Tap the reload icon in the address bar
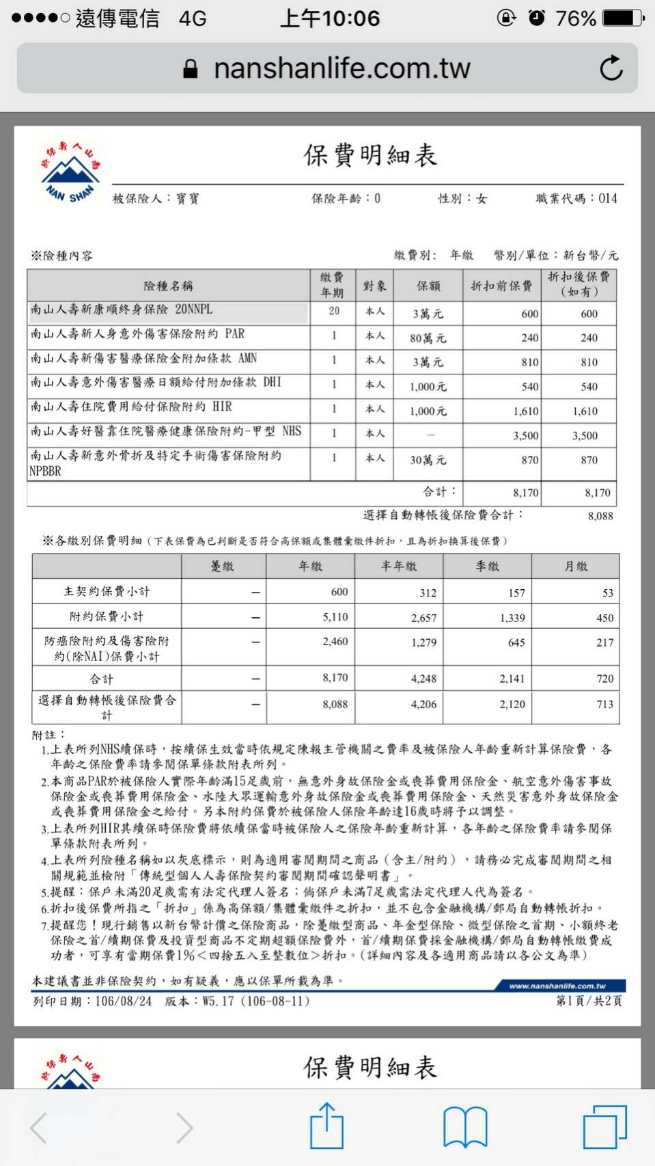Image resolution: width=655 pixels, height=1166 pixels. coord(611,68)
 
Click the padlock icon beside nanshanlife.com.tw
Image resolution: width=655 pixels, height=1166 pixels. coord(191,68)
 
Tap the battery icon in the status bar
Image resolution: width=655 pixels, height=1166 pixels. coord(623,18)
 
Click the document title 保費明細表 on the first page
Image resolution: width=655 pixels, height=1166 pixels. coord(370,156)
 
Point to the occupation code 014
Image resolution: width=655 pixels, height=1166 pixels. coord(607,198)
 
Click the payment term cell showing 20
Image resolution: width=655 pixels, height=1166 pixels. coord(334,311)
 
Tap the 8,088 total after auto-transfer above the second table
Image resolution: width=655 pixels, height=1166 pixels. coord(600,516)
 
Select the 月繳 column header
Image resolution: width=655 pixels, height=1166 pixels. coord(576,566)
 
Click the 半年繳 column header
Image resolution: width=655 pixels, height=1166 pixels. coord(399,566)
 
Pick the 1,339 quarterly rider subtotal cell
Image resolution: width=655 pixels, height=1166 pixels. coord(512,618)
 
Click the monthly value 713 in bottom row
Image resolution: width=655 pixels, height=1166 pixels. coord(604,704)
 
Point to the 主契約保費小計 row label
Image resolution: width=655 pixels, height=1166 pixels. coord(107,591)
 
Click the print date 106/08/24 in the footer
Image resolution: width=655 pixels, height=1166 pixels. coord(123,1001)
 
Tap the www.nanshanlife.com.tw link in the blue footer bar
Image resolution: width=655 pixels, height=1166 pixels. coord(557,986)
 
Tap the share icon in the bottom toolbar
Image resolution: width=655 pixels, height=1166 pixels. coord(326,1126)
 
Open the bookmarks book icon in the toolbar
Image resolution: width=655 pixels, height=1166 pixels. coord(464,1127)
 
